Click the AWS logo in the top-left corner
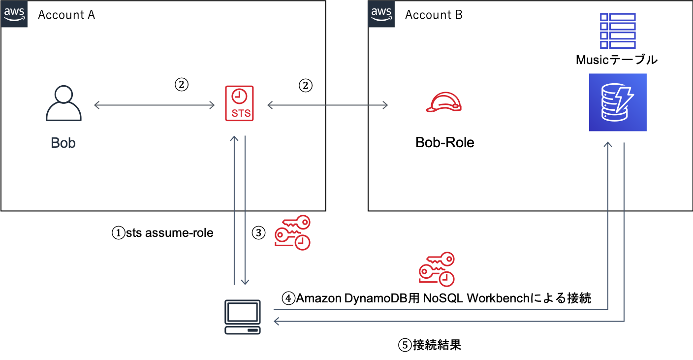[14, 14]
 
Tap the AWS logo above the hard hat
[381, 14]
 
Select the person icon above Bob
[63, 103]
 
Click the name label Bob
[63, 143]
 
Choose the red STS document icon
[239, 103]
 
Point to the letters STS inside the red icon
[241, 113]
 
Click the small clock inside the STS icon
[239, 96]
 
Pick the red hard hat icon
[443, 102]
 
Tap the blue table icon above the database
[618, 31]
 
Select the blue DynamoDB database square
[617, 102]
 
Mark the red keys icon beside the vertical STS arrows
[292, 232]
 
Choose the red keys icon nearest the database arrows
[437, 269]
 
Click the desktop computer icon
[243, 317]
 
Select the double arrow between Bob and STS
[154, 105]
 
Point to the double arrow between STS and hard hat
[327, 105]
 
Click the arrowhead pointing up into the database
[608, 145]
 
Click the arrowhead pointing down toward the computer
[245, 282]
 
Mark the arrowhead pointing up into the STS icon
[234, 138]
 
